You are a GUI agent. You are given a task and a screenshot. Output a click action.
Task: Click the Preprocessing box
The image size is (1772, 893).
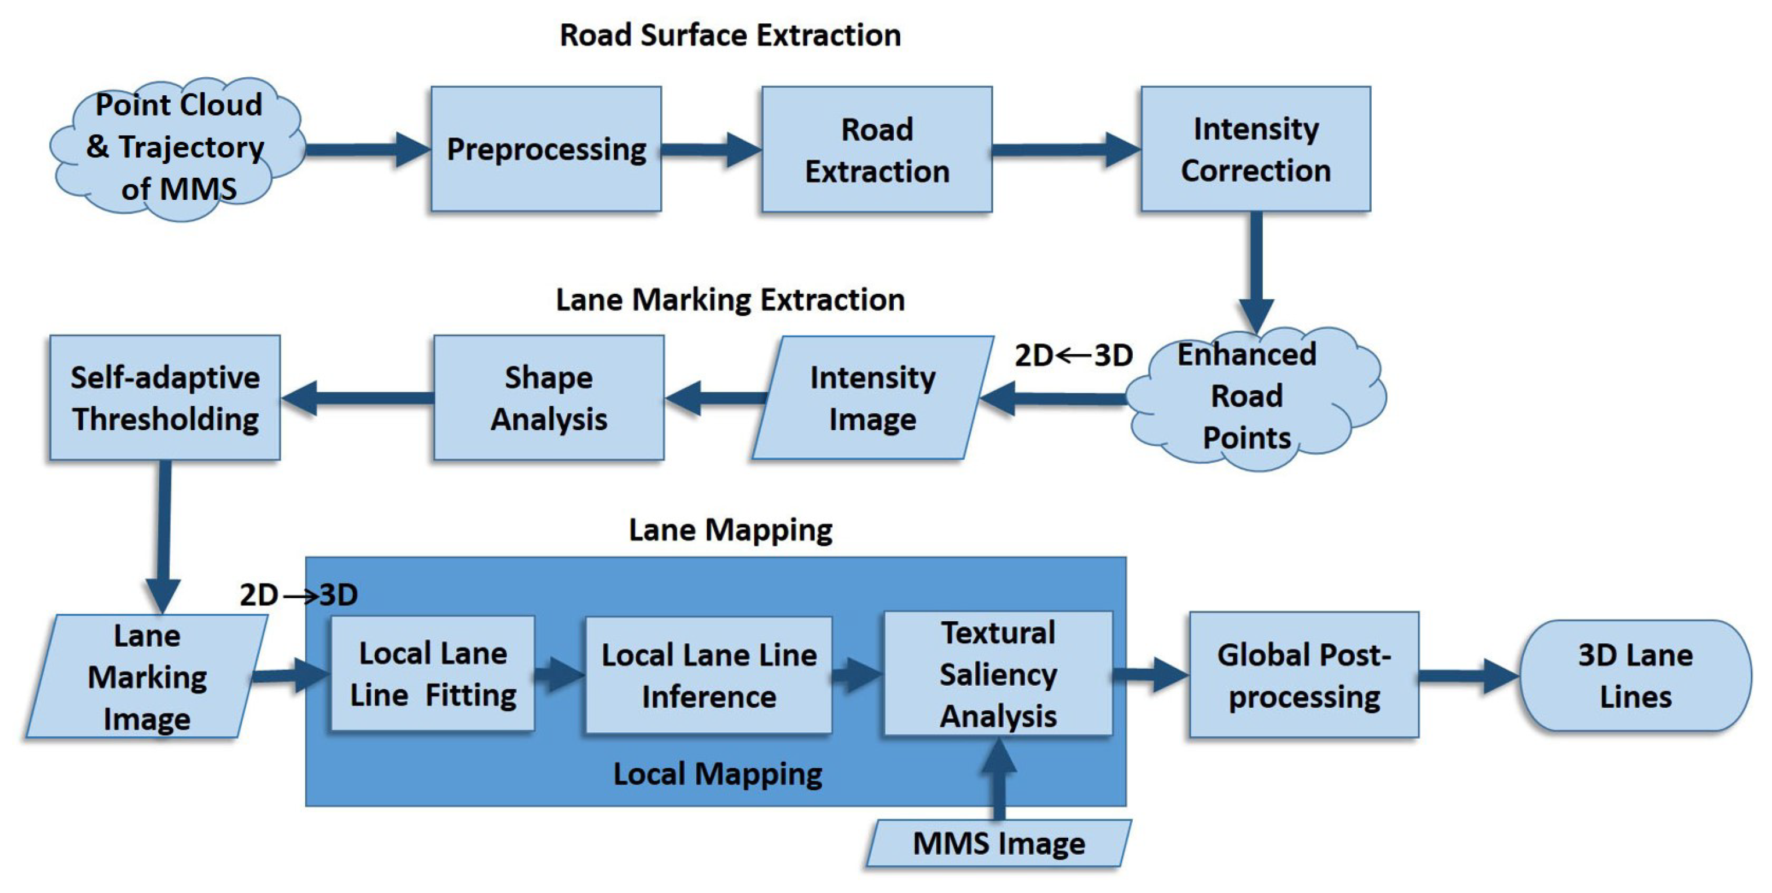click(546, 149)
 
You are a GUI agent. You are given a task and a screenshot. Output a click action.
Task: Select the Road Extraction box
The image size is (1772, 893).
click(876, 149)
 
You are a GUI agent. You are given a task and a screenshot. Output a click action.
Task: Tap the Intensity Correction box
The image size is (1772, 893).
click(1255, 149)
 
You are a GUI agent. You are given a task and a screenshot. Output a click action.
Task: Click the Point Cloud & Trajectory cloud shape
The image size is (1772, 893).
click(177, 148)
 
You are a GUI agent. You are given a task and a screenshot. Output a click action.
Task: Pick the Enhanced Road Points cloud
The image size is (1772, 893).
click(1252, 397)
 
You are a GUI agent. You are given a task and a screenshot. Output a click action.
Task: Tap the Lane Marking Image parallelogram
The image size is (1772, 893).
click(146, 676)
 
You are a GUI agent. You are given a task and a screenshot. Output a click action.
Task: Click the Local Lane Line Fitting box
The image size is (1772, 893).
click(432, 674)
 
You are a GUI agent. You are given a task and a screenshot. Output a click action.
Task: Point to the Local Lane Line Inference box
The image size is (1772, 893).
click(708, 675)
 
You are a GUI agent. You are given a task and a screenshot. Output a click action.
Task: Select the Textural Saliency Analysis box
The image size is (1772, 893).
click(997, 674)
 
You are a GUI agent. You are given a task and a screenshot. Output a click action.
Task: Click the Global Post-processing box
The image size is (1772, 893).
click(1304, 675)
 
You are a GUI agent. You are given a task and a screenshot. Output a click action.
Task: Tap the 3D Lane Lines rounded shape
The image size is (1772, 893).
click(1635, 675)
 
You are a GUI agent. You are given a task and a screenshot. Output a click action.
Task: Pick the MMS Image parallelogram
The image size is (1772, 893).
click(998, 843)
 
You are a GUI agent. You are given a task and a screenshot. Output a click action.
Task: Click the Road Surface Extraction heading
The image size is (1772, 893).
click(730, 35)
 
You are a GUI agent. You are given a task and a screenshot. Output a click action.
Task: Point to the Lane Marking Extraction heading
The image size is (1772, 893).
click(730, 300)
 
